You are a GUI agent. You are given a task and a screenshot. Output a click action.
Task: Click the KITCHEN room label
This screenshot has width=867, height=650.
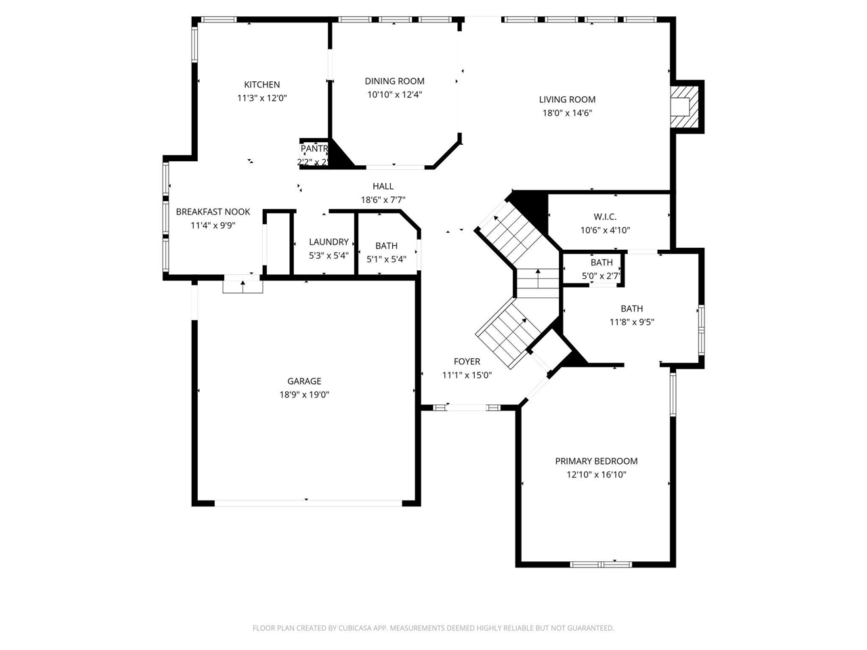tap(261, 85)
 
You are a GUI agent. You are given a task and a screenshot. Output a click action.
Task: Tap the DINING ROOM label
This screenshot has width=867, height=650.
tap(394, 81)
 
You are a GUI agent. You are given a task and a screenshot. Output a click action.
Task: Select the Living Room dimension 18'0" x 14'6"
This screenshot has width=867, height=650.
tap(567, 113)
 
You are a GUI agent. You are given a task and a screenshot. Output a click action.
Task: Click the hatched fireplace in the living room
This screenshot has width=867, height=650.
tap(683, 106)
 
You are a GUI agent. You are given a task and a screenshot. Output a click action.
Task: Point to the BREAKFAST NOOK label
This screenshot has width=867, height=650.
tap(213, 212)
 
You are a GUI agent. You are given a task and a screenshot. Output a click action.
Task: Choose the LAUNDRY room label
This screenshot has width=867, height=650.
tap(329, 242)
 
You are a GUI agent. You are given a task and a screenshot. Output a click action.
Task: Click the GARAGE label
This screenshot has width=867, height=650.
tap(304, 381)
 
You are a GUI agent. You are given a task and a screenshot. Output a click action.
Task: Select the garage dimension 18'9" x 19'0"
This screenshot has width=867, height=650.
tap(304, 395)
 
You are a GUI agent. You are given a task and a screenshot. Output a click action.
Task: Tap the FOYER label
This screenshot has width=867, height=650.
tap(467, 362)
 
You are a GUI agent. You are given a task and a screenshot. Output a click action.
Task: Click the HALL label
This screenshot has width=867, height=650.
tap(383, 186)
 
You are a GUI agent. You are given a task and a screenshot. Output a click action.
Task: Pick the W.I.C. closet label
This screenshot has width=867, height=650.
tap(605, 217)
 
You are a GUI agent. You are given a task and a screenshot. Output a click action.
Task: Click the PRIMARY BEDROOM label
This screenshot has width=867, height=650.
tap(596, 461)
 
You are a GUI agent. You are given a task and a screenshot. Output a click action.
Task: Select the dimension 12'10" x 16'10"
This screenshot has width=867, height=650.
tap(596, 475)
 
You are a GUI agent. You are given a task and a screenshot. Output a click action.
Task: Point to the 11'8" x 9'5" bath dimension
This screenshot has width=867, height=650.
tap(631, 322)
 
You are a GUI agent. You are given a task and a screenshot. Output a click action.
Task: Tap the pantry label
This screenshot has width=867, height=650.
tap(314, 148)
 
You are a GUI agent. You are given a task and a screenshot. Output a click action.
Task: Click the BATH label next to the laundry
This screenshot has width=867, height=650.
tap(386, 246)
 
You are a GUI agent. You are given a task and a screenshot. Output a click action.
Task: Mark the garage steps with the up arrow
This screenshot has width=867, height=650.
tap(242, 286)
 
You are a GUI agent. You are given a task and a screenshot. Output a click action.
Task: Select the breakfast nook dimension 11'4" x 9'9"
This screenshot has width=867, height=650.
tap(213, 225)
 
